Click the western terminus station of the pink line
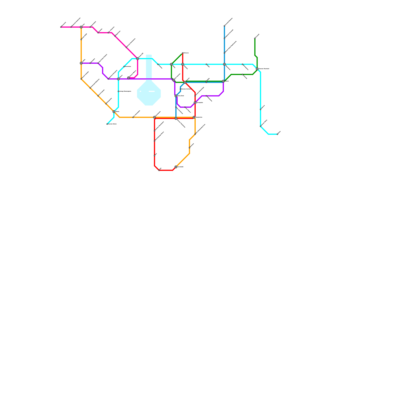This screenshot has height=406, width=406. pyautogui.click(x=61, y=27)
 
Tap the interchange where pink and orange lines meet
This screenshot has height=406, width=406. pyautogui.click(x=81, y=27)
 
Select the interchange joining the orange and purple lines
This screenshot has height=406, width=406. pyautogui.click(x=81, y=63)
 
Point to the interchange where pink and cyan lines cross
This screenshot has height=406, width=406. pyautogui.click(x=138, y=59)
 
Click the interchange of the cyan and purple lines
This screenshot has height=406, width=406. pyautogui.click(x=119, y=79)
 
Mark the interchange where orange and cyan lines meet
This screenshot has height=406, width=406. pyautogui.click(x=114, y=112)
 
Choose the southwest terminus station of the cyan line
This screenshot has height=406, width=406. pyautogui.click(x=107, y=124)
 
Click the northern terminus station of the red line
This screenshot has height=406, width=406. pyautogui.click(x=183, y=53)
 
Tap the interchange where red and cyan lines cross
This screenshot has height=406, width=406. pyautogui.click(x=183, y=64)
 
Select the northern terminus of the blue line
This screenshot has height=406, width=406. pyautogui.click(x=224, y=26)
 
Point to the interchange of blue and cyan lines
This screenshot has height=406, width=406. pyautogui.click(x=224, y=64)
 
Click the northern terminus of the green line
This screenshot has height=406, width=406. pyautogui.click(x=255, y=38)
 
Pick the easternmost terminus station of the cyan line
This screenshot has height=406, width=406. pyautogui.click(x=277, y=134)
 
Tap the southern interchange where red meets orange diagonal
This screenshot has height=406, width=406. pyautogui.click(x=176, y=167)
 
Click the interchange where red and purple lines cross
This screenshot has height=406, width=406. pyautogui.click(x=195, y=103)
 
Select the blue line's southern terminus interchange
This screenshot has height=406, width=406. pyautogui.click(x=176, y=119)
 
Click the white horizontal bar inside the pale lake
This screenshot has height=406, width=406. pyautogui.click(x=152, y=91)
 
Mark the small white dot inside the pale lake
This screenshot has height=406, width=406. pyautogui.click(x=140, y=91)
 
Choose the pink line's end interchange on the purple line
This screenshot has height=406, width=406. pyautogui.click(x=129, y=78)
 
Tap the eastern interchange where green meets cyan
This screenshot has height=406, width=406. pyautogui.click(x=257, y=69)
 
